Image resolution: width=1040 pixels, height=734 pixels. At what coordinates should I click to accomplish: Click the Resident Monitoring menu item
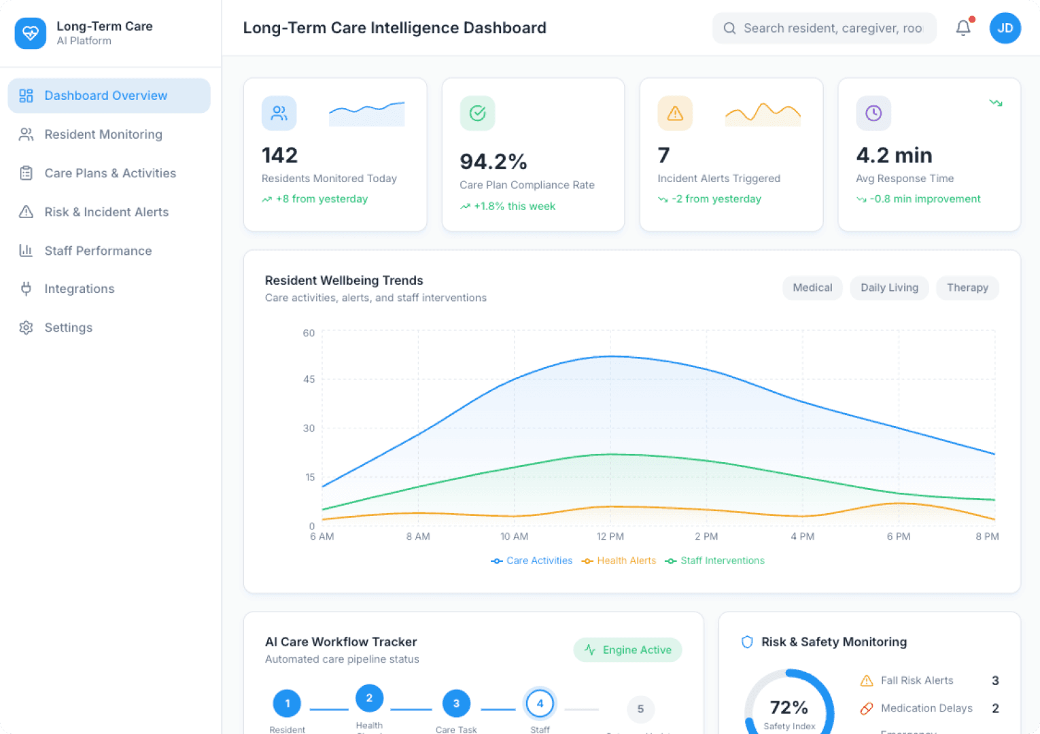tap(103, 135)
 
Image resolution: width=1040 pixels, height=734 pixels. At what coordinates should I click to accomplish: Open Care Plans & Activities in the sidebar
tap(109, 173)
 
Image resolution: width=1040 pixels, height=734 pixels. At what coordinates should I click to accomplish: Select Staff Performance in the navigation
tap(98, 251)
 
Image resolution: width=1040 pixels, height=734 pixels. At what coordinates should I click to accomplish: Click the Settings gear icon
tap(26, 328)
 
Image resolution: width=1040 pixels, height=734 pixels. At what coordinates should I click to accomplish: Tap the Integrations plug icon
tap(26, 289)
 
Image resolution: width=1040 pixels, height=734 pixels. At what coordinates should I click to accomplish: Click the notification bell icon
tap(963, 28)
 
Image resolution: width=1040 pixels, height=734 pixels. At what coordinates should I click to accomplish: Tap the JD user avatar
tap(1005, 28)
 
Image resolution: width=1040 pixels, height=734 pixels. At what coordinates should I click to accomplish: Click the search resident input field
tap(832, 28)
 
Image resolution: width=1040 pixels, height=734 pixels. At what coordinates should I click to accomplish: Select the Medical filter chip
tap(812, 287)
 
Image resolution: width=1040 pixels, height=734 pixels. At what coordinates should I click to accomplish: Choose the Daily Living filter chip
tap(889, 287)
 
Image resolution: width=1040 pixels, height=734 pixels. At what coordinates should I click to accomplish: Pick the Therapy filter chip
tap(967, 287)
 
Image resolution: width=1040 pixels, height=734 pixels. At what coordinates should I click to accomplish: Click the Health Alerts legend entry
tap(619, 561)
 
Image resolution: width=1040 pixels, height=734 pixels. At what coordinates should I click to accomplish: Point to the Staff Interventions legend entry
tap(715, 561)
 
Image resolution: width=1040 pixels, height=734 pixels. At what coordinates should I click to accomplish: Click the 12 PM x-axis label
tap(610, 536)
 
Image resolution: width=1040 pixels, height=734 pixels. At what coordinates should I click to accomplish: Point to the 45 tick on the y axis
tap(309, 379)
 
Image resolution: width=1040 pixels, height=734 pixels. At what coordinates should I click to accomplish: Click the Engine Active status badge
tap(628, 650)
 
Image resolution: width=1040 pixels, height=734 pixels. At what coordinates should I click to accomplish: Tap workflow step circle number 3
tap(456, 703)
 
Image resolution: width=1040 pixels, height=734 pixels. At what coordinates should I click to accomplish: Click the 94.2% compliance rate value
tap(493, 162)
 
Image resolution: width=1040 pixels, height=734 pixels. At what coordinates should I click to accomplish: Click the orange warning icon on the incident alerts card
tap(675, 113)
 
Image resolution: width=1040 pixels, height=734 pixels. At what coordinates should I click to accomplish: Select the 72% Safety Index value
tap(788, 708)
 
